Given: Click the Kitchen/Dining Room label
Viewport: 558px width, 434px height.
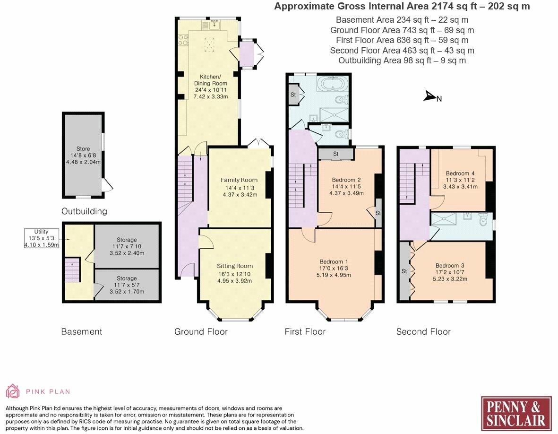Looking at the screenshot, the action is click(211, 80).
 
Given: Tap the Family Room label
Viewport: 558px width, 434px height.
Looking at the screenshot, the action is click(239, 180).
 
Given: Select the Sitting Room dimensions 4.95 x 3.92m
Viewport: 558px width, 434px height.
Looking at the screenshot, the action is click(235, 281).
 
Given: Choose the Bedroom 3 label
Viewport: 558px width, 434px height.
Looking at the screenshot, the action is click(450, 266).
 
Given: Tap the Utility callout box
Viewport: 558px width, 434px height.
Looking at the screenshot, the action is click(41, 238).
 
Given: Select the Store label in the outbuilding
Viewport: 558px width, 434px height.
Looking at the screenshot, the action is click(83, 149).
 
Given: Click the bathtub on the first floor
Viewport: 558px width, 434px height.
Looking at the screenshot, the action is click(333, 84).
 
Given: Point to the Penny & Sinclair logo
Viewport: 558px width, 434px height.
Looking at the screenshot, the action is click(516, 414).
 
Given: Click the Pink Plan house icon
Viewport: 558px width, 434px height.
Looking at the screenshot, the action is click(13, 391).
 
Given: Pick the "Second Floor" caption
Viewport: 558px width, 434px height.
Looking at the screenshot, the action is click(423, 332).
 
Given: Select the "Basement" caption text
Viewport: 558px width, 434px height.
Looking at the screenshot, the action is click(81, 332).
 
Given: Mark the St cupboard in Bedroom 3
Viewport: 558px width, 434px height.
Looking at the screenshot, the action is click(404, 271).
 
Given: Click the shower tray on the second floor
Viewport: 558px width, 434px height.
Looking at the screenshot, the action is click(444, 220).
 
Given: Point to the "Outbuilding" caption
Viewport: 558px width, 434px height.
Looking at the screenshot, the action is click(85, 211).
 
